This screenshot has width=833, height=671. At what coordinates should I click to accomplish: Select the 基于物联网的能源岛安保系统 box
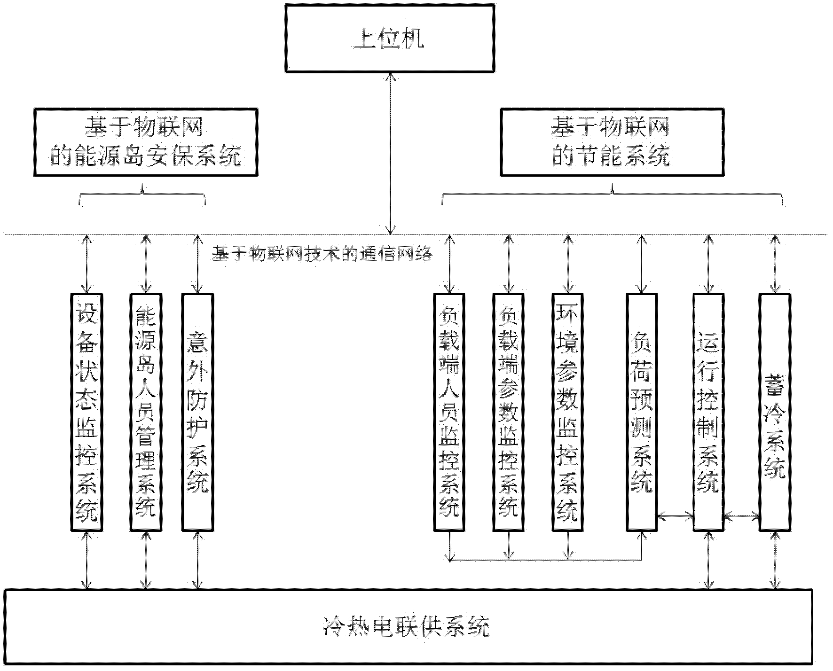[146, 142]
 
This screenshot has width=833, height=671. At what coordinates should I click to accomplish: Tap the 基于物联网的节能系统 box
[612, 142]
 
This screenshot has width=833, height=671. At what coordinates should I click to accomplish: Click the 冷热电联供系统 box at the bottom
[408, 627]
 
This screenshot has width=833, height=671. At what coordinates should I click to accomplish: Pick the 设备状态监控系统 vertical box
[86, 412]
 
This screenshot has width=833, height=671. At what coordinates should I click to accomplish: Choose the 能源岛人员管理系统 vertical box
[146, 412]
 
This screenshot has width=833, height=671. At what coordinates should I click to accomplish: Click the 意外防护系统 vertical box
[197, 412]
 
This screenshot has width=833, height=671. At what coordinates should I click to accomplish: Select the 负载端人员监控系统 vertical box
[449, 412]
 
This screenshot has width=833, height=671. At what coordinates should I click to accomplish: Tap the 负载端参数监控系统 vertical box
[508, 412]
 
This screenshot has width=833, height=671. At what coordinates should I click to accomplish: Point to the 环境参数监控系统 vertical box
[567, 412]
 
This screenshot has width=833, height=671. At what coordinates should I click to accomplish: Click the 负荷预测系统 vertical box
[642, 412]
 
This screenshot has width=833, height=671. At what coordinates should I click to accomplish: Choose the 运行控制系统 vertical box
[708, 412]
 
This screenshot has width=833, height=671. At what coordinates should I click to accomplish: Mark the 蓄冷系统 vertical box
[775, 412]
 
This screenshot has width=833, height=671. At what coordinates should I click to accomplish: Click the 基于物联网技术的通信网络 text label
[322, 254]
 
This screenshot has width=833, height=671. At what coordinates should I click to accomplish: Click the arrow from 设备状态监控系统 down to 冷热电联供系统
[87, 560]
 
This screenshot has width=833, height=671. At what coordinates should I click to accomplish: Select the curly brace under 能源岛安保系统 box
[142, 195]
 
